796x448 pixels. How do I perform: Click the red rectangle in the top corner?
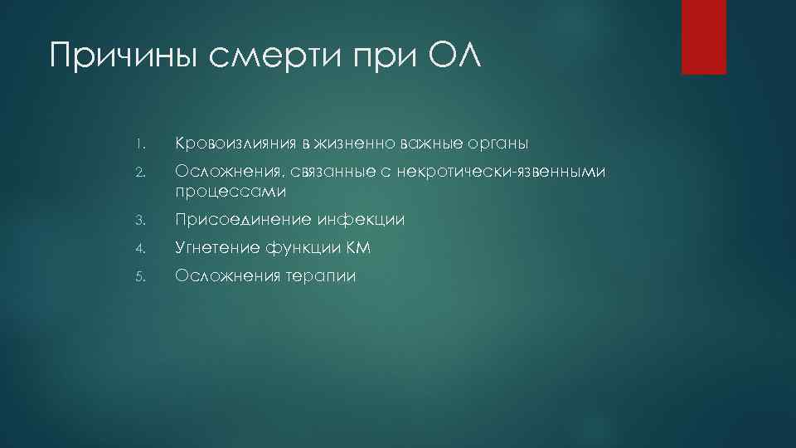tap(703, 37)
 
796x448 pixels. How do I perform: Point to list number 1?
tap(142, 145)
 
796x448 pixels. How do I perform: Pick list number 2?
tap(142, 173)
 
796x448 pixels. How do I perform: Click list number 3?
tap(142, 220)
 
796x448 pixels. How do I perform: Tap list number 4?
tap(142, 248)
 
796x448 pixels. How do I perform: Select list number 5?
tap(142, 276)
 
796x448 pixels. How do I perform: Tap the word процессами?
tap(230, 192)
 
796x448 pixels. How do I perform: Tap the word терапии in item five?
tap(320, 276)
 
